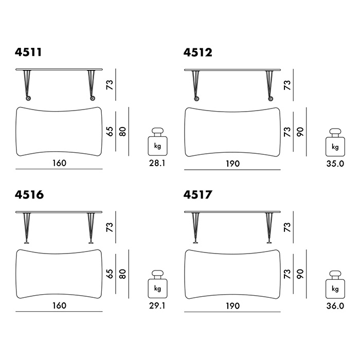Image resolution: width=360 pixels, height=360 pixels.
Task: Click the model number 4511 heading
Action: tap(28, 52)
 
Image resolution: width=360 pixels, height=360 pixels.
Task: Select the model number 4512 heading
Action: tap(197, 52)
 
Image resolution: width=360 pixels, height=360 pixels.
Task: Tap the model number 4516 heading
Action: tap(29, 195)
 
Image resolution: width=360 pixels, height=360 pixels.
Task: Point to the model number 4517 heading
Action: tap(197, 195)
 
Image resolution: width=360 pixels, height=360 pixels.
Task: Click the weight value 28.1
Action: tap(157, 163)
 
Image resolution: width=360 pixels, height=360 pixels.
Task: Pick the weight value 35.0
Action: tap(335, 164)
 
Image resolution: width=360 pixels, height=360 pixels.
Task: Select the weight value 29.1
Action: tap(157, 305)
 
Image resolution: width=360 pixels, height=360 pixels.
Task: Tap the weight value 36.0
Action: tap(335, 306)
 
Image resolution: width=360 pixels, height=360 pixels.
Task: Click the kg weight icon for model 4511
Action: tap(157, 141)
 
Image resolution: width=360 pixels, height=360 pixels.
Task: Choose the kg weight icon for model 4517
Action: tap(335, 284)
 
